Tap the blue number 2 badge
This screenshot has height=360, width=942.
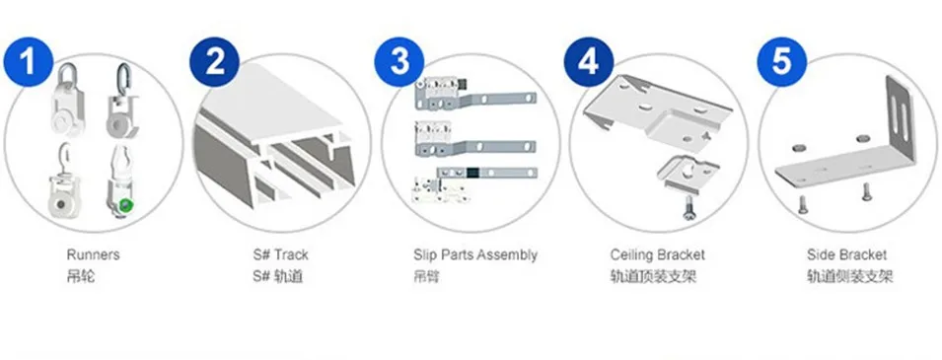[216, 63]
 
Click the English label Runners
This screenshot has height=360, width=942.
[94, 255]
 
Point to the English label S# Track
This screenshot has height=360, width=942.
[280, 255]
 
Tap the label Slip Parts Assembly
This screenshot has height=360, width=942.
[475, 255]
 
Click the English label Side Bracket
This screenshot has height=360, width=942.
[846, 255]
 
